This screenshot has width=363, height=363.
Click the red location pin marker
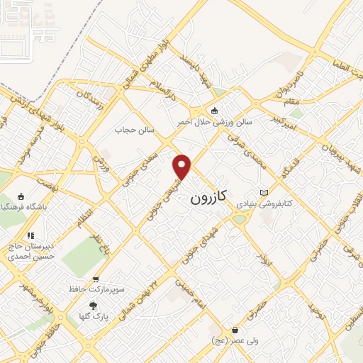[182, 167]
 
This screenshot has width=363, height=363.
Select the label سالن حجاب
[135, 130]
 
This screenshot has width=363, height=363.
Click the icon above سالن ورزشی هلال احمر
[215, 111]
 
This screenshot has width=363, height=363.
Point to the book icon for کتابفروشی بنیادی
[264, 193]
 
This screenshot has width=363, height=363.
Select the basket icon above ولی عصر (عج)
[235, 330]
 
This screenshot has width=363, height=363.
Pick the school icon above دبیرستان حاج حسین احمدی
[30, 235]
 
